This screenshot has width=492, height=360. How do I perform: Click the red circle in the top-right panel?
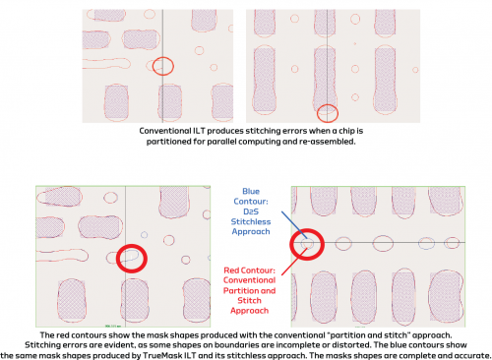(x=330, y=113)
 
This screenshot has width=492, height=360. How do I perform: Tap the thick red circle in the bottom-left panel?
(x=130, y=258)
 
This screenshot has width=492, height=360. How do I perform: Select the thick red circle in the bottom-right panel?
(x=305, y=243)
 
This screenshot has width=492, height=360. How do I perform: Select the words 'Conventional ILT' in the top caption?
(x=171, y=131)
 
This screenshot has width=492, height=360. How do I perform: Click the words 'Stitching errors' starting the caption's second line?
(x=44, y=343)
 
